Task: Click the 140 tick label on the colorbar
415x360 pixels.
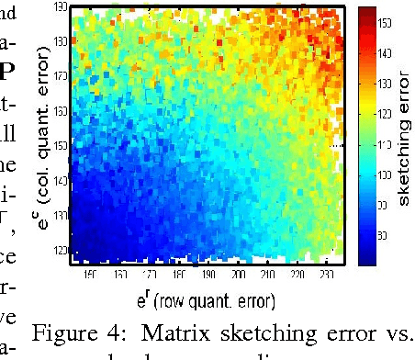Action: pyautogui.click(x=384, y=55)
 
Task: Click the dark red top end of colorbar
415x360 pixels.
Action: pyautogui.click(x=365, y=11)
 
